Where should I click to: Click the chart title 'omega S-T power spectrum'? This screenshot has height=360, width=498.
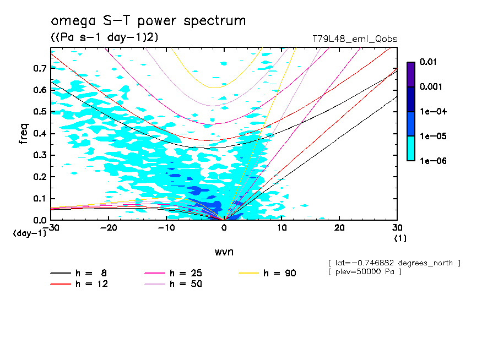pos(148,21)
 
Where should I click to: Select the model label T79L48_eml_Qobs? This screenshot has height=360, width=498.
pos(355,39)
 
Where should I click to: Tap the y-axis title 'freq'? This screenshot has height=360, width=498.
pos(23,134)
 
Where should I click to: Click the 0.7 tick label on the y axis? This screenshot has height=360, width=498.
pos(40,68)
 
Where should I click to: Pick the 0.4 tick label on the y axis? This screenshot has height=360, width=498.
pos(40,133)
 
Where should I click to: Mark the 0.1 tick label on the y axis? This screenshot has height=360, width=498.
pos(40,198)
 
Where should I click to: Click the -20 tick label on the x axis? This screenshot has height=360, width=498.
pos(109,228)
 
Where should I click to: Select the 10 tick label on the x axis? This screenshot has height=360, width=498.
pos(282,228)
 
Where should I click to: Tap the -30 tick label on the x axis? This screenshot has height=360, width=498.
pos(51,228)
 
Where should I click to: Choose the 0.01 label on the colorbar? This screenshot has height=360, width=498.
pos(428,62)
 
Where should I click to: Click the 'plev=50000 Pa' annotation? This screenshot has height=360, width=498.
pos(366,272)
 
